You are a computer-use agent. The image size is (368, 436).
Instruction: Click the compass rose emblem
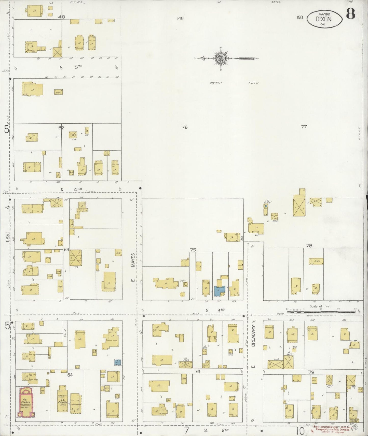tap(220, 59)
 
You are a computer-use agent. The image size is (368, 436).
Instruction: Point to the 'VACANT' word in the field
tap(216, 83)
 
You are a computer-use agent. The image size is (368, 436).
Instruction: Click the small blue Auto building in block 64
tap(117, 362)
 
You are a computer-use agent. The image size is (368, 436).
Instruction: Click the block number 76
tap(185, 127)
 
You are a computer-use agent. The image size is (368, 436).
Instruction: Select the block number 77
tap(304, 126)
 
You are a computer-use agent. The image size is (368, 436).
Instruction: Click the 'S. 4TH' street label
tap(71, 189)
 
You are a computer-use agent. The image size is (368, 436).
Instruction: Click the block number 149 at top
tap(180, 18)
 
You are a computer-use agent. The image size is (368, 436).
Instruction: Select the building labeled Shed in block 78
tap(316, 261)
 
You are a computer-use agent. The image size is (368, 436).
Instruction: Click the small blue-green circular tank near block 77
tap(266, 206)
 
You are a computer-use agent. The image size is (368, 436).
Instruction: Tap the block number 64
tap(70, 375)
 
